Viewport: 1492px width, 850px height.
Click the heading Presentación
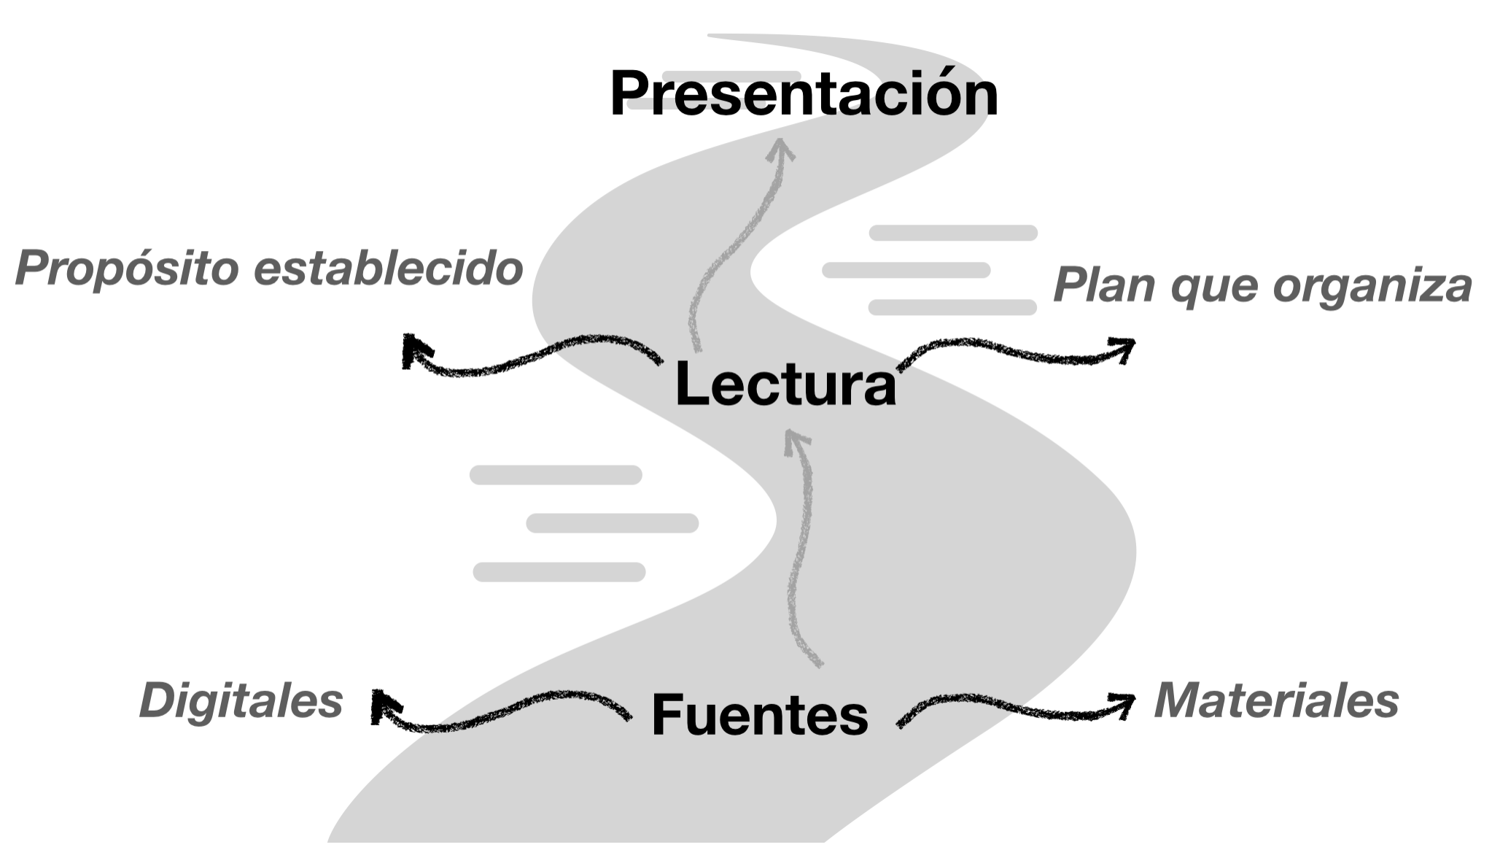tap(804, 93)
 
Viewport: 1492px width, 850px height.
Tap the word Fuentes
tap(760, 714)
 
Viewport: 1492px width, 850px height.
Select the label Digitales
tap(241, 701)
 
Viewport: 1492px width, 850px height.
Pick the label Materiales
tap(1276, 700)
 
